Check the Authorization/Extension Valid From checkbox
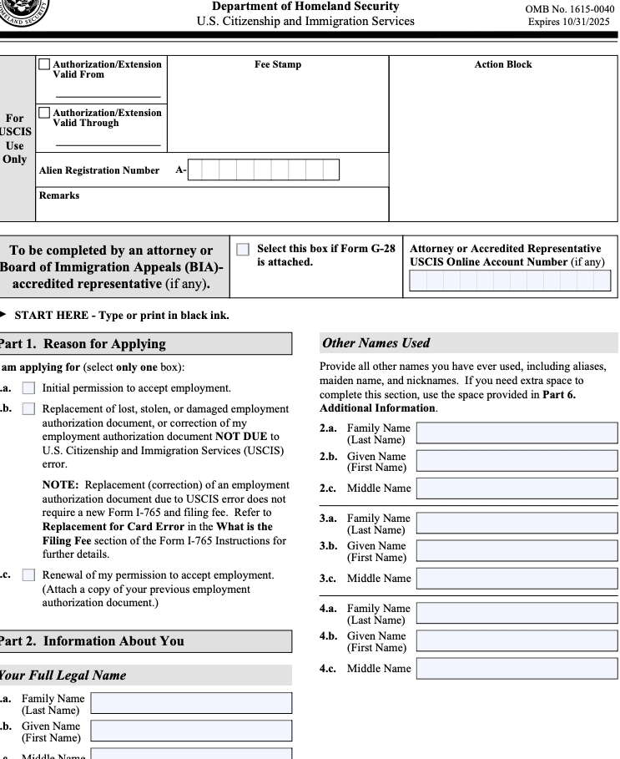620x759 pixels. pyautogui.click(x=44, y=64)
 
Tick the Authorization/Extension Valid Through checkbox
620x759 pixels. pyautogui.click(x=44, y=113)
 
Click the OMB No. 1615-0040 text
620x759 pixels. pyautogui.click(x=569, y=8)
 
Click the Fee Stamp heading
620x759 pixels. pyautogui.click(x=278, y=64)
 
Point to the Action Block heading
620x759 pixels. pyautogui.click(x=502, y=64)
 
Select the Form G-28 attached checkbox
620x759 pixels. pyautogui.click(x=243, y=250)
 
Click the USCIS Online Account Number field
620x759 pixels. pyautogui.click(x=510, y=281)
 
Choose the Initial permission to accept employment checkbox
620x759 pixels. pyautogui.click(x=29, y=388)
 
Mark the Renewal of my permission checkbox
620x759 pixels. pyautogui.click(x=29, y=575)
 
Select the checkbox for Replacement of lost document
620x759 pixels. pyautogui.click(x=29, y=409)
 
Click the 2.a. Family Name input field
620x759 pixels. pyautogui.click(x=517, y=433)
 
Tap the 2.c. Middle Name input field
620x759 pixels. pyautogui.click(x=517, y=488)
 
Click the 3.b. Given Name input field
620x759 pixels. pyautogui.click(x=517, y=551)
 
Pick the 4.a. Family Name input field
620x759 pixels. pyautogui.click(x=517, y=614)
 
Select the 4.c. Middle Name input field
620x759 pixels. pyautogui.click(x=517, y=669)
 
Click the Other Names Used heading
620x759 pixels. pyautogui.click(x=376, y=343)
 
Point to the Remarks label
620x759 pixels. pyautogui.click(x=59, y=195)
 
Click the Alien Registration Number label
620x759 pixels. pyautogui.click(x=99, y=170)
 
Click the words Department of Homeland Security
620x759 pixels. pyautogui.click(x=305, y=7)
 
